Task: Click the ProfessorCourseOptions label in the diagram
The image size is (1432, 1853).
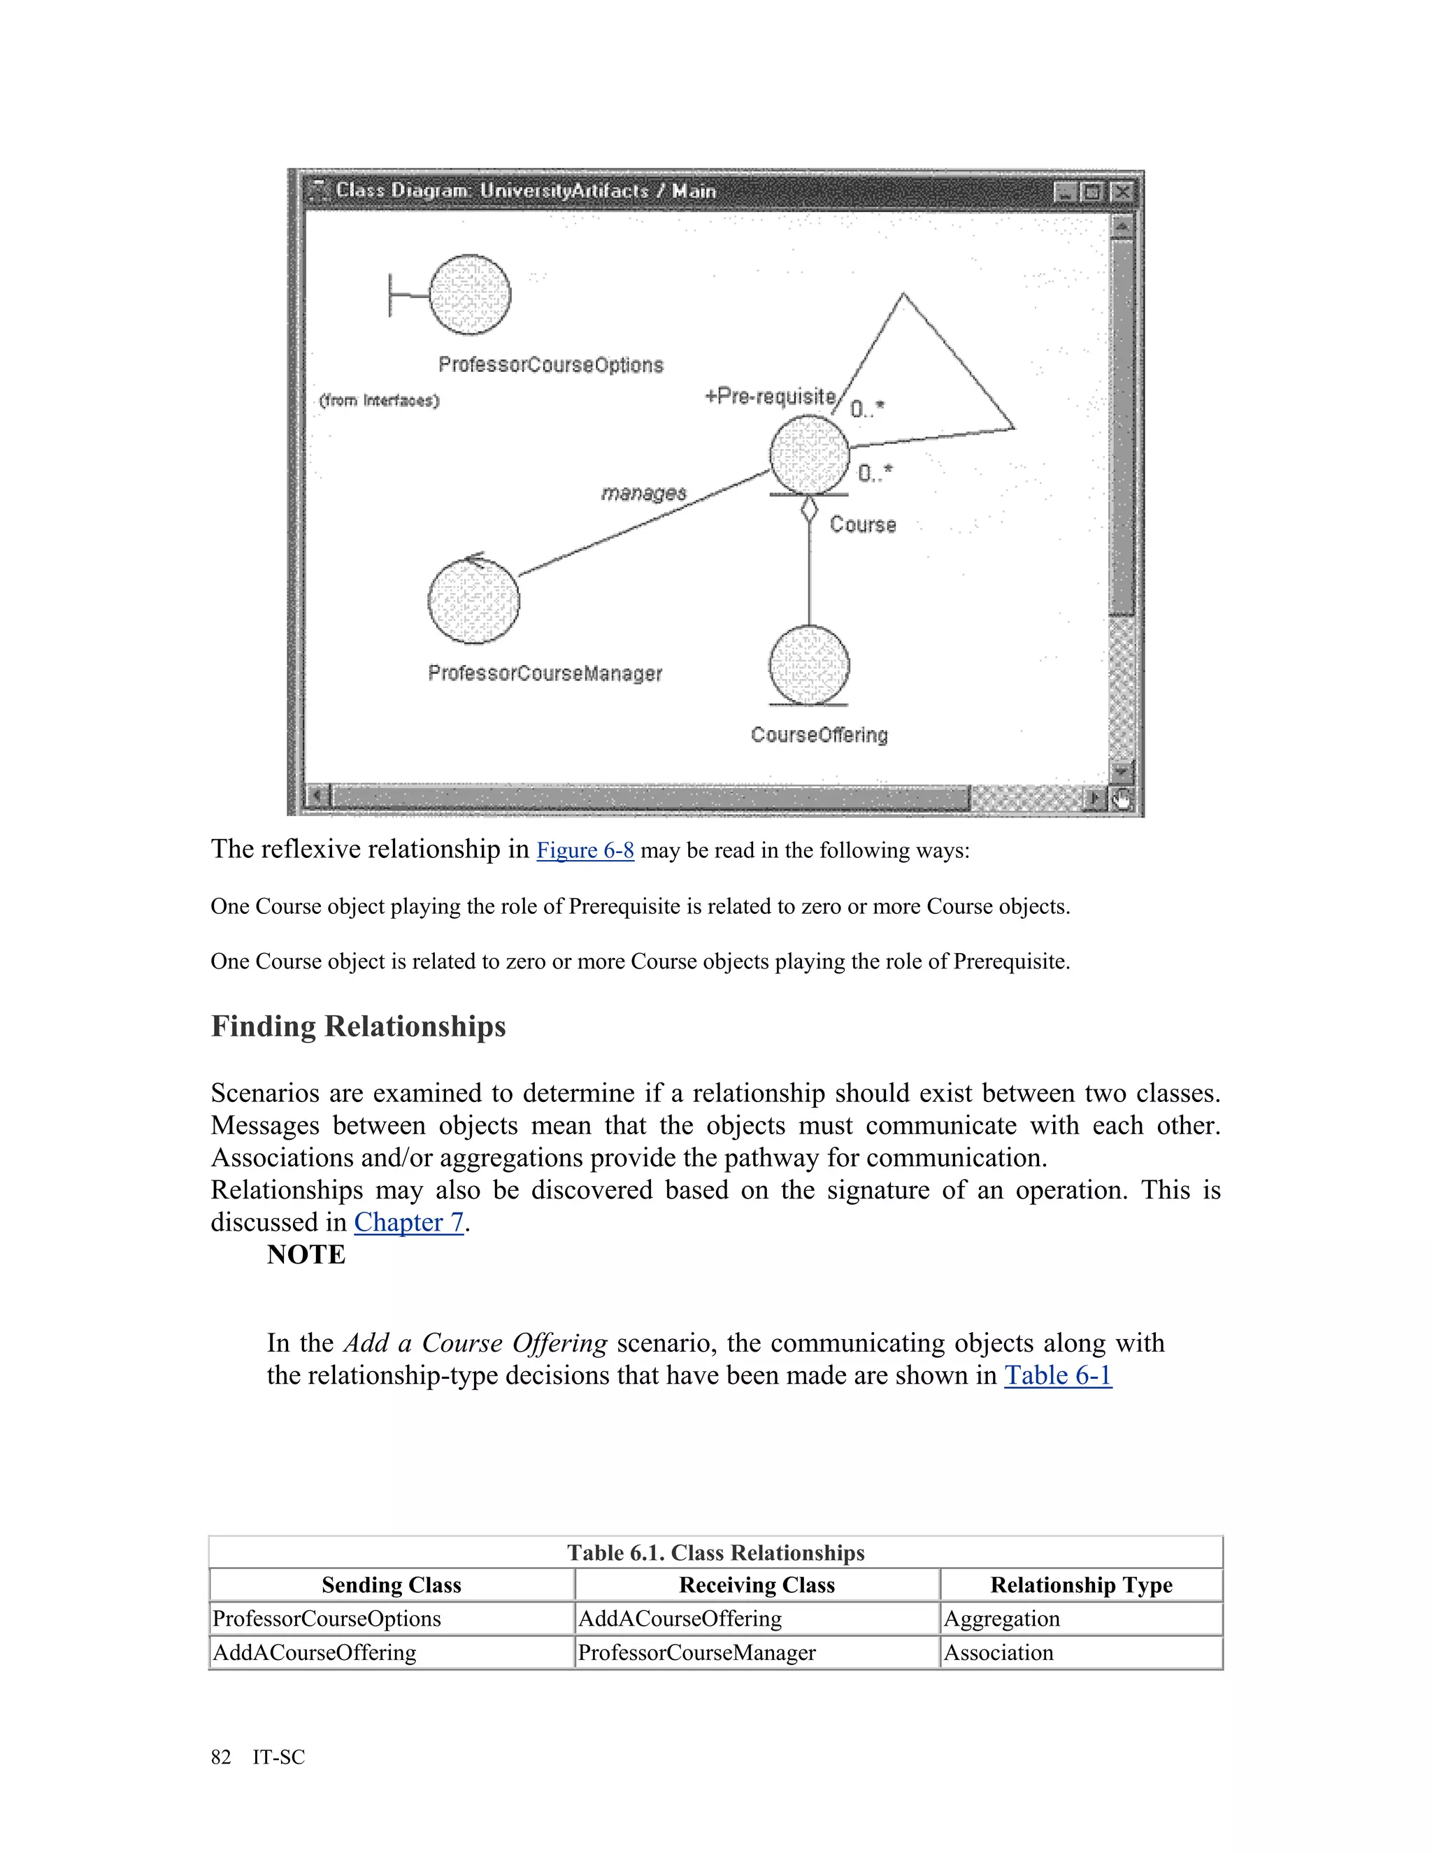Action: point(550,365)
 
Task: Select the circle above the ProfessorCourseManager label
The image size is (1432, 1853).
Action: point(473,601)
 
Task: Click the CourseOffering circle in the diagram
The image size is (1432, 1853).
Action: point(808,666)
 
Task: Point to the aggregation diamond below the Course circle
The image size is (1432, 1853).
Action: point(809,509)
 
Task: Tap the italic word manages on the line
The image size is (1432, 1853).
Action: point(643,493)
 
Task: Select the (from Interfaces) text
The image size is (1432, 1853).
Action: point(379,401)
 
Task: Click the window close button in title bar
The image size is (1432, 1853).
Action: point(1122,192)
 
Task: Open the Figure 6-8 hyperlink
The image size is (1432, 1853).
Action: point(585,850)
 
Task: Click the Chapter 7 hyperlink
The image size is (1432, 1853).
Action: point(408,1222)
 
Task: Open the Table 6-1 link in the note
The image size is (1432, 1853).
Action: point(1057,1375)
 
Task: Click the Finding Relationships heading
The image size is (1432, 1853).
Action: point(358,1026)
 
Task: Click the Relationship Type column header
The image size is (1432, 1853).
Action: point(1081,1585)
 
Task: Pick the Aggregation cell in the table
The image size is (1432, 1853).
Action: point(1001,1619)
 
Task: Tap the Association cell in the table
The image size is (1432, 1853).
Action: point(998,1653)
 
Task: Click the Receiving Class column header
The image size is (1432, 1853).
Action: point(757,1585)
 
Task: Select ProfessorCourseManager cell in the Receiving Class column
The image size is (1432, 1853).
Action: point(696,1653)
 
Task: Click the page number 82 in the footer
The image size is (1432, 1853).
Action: point(220,1757)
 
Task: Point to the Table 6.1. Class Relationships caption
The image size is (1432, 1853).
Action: point(715,1552)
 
